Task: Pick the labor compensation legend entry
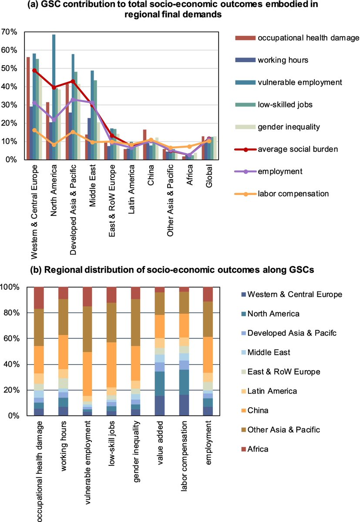pos(293,194)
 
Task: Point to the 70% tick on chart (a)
pos(10,32)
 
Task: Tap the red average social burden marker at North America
pos(54,87)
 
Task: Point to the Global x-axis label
pos(209,177)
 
